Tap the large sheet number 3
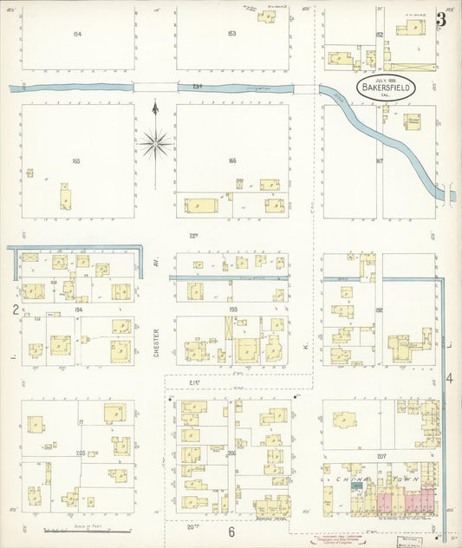(441, 19)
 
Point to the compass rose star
(155, 143)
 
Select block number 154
(77, 34)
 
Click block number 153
(231, 34)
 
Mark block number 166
(231, 161)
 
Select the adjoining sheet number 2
(15, 309)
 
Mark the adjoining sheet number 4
(450, 379)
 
